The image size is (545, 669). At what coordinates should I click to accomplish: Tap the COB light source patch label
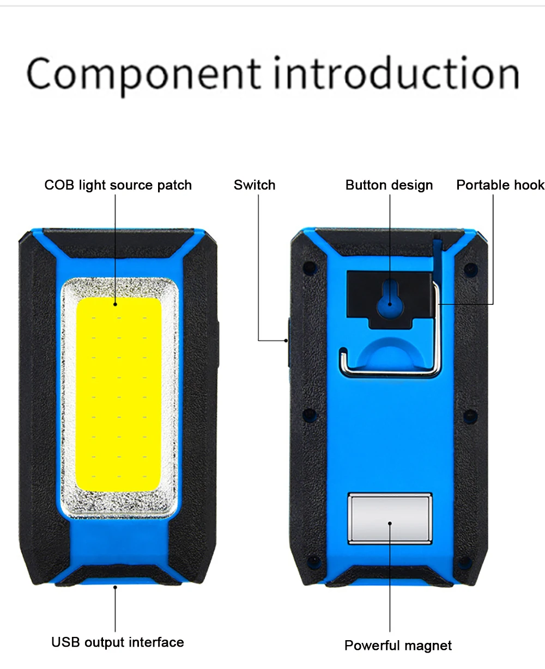coord(118,185)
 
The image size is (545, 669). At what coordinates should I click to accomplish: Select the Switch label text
coord(255,185)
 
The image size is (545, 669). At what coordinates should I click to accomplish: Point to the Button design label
coord(389,185)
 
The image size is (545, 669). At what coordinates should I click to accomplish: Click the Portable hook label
coord(500,185)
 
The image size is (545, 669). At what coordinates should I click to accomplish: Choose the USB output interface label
coord(118,642)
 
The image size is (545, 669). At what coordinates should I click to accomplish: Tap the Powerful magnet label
coord(398,646)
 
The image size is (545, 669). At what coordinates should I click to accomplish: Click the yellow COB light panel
coord(119,392)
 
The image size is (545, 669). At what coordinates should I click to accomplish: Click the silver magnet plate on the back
coord(390,518)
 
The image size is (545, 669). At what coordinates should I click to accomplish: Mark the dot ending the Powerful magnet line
coord(390,523)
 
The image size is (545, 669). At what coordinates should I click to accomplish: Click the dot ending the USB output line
coord(116,586)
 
